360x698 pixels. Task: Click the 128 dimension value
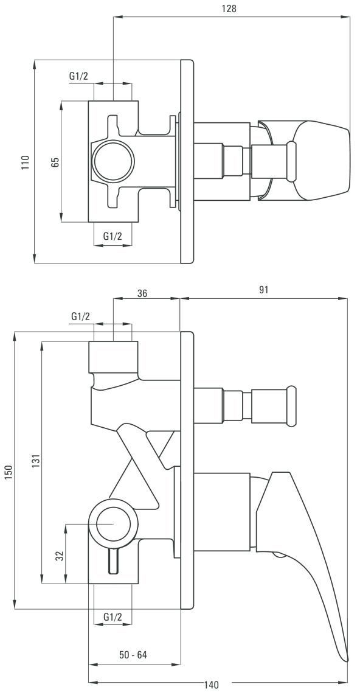point(230,9)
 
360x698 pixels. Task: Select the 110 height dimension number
point(26,162)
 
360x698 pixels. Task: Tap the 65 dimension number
point(55,162)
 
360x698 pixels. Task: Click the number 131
point(36,460)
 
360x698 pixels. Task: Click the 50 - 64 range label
point(133,655)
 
